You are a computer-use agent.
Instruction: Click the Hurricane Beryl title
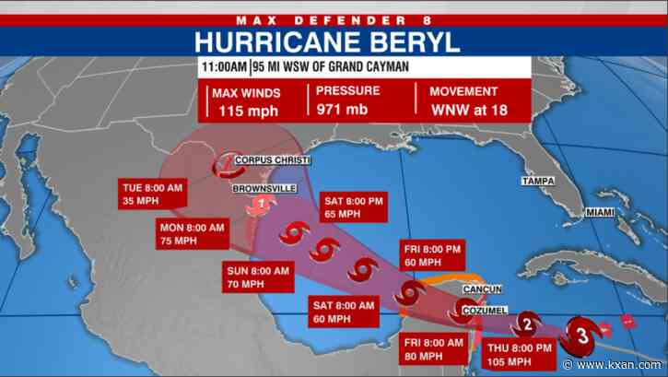(334, 41)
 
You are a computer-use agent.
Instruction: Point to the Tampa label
(539, 182)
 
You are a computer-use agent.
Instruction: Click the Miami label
(600, 213)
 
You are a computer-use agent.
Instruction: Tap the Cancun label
(482, 289)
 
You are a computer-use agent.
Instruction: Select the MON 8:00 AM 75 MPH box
(191, 233)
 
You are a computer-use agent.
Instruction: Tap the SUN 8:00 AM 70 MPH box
(259, 277)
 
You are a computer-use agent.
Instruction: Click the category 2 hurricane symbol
(527, 323)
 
